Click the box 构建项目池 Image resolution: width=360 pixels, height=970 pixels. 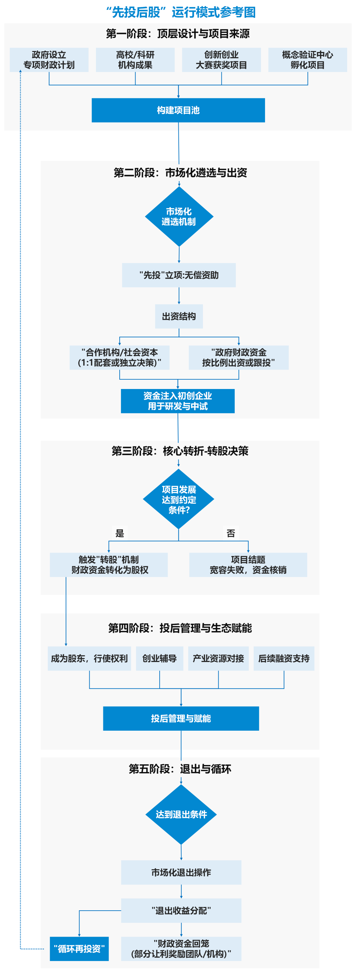[178, 110]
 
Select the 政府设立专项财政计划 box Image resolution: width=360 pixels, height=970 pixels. [49, 60]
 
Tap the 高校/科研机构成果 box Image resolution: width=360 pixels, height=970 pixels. [135, 60]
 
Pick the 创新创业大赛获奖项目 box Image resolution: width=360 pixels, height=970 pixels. [221, 60]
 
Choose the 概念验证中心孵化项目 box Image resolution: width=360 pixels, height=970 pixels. [308, 60]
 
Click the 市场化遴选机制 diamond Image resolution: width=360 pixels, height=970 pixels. [179, 217]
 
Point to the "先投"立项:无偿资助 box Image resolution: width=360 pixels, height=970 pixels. [179, 275]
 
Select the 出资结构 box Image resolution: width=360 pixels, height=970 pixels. [179, 316]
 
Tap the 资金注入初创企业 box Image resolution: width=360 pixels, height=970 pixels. [178, 401]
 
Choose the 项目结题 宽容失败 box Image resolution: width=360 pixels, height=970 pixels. [248, 565]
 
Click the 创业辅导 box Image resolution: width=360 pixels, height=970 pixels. [160, 659]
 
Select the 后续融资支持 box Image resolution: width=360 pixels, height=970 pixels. [284, 659]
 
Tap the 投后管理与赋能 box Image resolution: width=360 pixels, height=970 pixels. [181, 718]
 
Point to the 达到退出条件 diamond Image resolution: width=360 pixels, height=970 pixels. [181, 814]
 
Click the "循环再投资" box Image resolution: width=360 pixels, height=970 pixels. [79, 949]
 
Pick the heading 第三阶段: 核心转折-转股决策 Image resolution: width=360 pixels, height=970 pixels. [180, 451]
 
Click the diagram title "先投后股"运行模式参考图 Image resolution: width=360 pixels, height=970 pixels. [180, 12]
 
